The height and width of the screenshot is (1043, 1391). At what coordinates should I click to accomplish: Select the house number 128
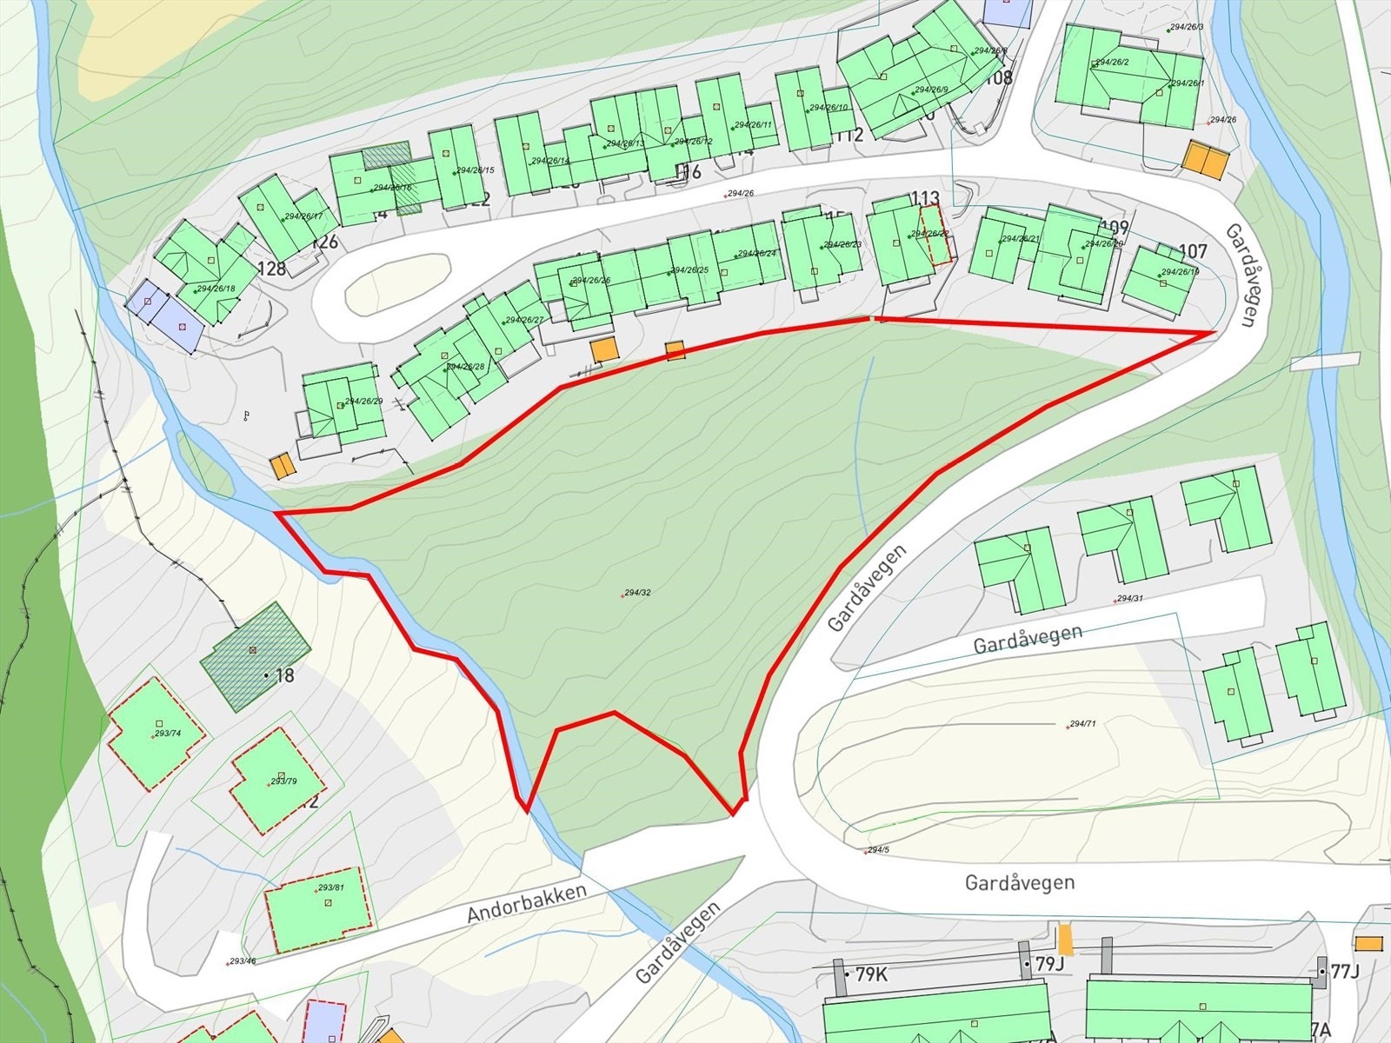coord(272,269)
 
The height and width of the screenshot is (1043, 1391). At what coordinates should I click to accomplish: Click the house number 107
coord(1194,251)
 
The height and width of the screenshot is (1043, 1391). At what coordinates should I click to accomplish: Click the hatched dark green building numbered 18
coord(255,654)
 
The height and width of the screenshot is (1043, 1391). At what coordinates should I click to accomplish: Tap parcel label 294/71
coord(1082,724)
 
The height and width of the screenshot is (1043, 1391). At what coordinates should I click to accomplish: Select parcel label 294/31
coord(1130,598)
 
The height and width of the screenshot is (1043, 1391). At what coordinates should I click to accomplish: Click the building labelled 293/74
coord(156,734)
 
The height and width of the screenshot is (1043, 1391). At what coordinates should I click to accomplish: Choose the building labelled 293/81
coord(320,908)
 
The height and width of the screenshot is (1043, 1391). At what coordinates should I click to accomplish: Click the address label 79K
coord(871,975)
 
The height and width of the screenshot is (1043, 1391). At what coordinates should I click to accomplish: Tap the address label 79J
coord(1049,964)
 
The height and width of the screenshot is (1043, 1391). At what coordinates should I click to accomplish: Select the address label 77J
coord(1344,972)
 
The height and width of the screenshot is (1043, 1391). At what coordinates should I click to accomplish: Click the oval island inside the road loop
coord(397,283)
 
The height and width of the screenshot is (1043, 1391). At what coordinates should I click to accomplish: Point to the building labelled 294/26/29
coord(344,406)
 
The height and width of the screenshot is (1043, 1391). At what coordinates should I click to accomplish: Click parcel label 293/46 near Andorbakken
coord(241,961)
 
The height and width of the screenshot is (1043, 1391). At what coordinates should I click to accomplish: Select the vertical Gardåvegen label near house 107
coord(1241,274)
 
